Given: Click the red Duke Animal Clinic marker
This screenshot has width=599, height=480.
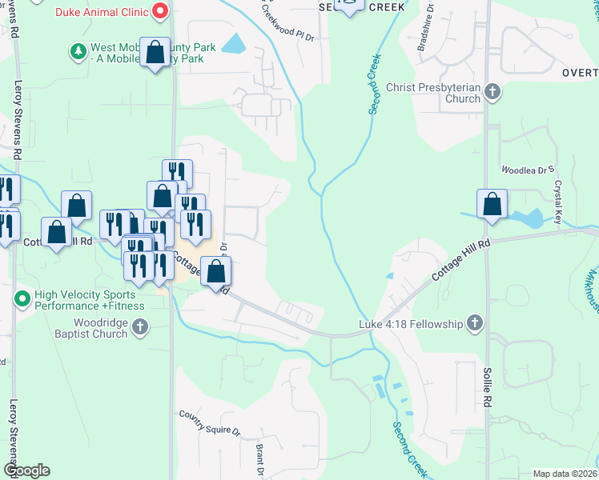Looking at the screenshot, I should [160, 10].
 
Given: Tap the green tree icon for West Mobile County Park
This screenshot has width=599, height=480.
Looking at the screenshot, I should [78, 52].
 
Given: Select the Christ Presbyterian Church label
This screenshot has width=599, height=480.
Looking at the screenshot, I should [432, 93].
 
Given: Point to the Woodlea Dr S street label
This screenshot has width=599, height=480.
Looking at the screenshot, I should [528, 170].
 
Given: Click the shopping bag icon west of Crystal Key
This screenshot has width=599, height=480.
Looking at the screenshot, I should [492, 205].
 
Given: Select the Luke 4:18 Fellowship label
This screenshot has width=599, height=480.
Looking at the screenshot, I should [411, 324].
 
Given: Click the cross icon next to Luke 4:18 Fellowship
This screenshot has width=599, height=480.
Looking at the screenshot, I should [475, 323].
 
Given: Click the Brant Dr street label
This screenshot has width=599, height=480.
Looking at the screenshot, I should [260, 459].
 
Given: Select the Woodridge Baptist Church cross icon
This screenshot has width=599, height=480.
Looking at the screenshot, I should [140, 326].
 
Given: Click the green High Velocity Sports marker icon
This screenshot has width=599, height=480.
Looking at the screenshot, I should [21, 299].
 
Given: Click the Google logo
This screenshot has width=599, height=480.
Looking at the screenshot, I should [26, 470].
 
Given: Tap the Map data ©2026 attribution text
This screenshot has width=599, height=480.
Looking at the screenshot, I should [565, 474].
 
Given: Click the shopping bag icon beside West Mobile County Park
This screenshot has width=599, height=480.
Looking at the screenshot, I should [154, 53].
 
